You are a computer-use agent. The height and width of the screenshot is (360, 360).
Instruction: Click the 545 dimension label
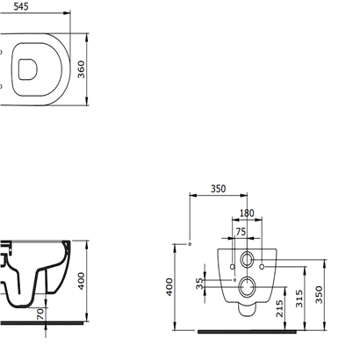(x=21, y=6)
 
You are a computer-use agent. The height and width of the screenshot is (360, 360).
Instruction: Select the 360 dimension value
(x=81, y=69)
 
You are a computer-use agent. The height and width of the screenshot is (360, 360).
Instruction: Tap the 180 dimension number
(x=247, y=213)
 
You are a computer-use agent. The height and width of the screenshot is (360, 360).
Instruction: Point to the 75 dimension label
(x=241, y=232)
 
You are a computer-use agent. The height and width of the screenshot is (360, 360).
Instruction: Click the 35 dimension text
(x=199, y=284)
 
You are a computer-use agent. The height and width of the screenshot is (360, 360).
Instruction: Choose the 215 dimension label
(x=279, y=308)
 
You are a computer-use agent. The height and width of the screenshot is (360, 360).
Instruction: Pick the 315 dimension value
(x=299, y=299)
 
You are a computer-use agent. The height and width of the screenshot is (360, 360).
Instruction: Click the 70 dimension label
(x=40, y=314)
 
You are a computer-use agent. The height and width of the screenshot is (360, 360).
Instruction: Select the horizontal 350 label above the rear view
(x=219, y=189)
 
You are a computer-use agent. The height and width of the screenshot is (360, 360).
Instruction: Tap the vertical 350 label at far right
(x=319, y=295)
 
